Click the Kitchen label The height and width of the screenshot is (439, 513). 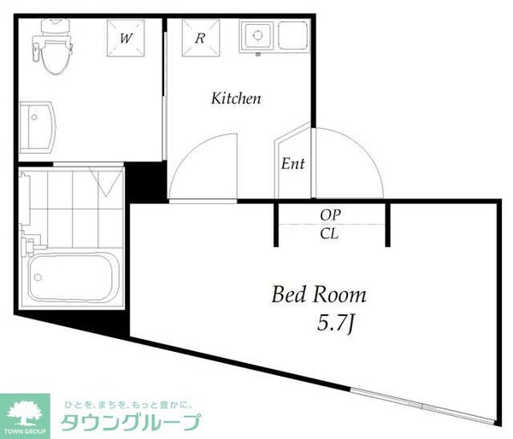pyautogui.click(x=236, y=99)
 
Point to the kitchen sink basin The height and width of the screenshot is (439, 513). pyautogui.click(x=256, y=38)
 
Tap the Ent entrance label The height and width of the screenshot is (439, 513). pyautogui.click(x=293, y=164)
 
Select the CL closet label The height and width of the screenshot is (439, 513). pyautogui.click(x=331, y=232)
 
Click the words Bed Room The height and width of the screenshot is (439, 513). pyautogui.click(x=318, y=296)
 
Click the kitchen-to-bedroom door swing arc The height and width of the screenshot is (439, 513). pyautogui.click(x=201, y=162)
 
